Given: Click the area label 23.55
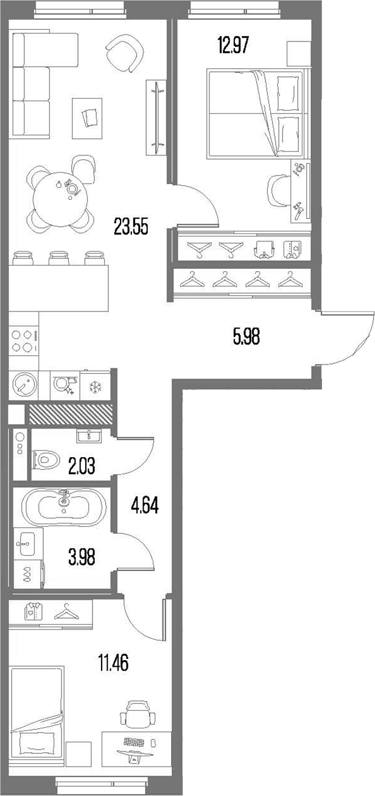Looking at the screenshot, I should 131,227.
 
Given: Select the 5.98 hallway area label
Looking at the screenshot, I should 247,336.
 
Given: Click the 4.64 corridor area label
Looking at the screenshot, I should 145,506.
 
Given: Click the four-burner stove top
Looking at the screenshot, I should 23,341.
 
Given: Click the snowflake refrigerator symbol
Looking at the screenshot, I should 94,386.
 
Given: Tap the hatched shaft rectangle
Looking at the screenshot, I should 71,414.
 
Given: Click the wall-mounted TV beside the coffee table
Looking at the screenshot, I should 158,116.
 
